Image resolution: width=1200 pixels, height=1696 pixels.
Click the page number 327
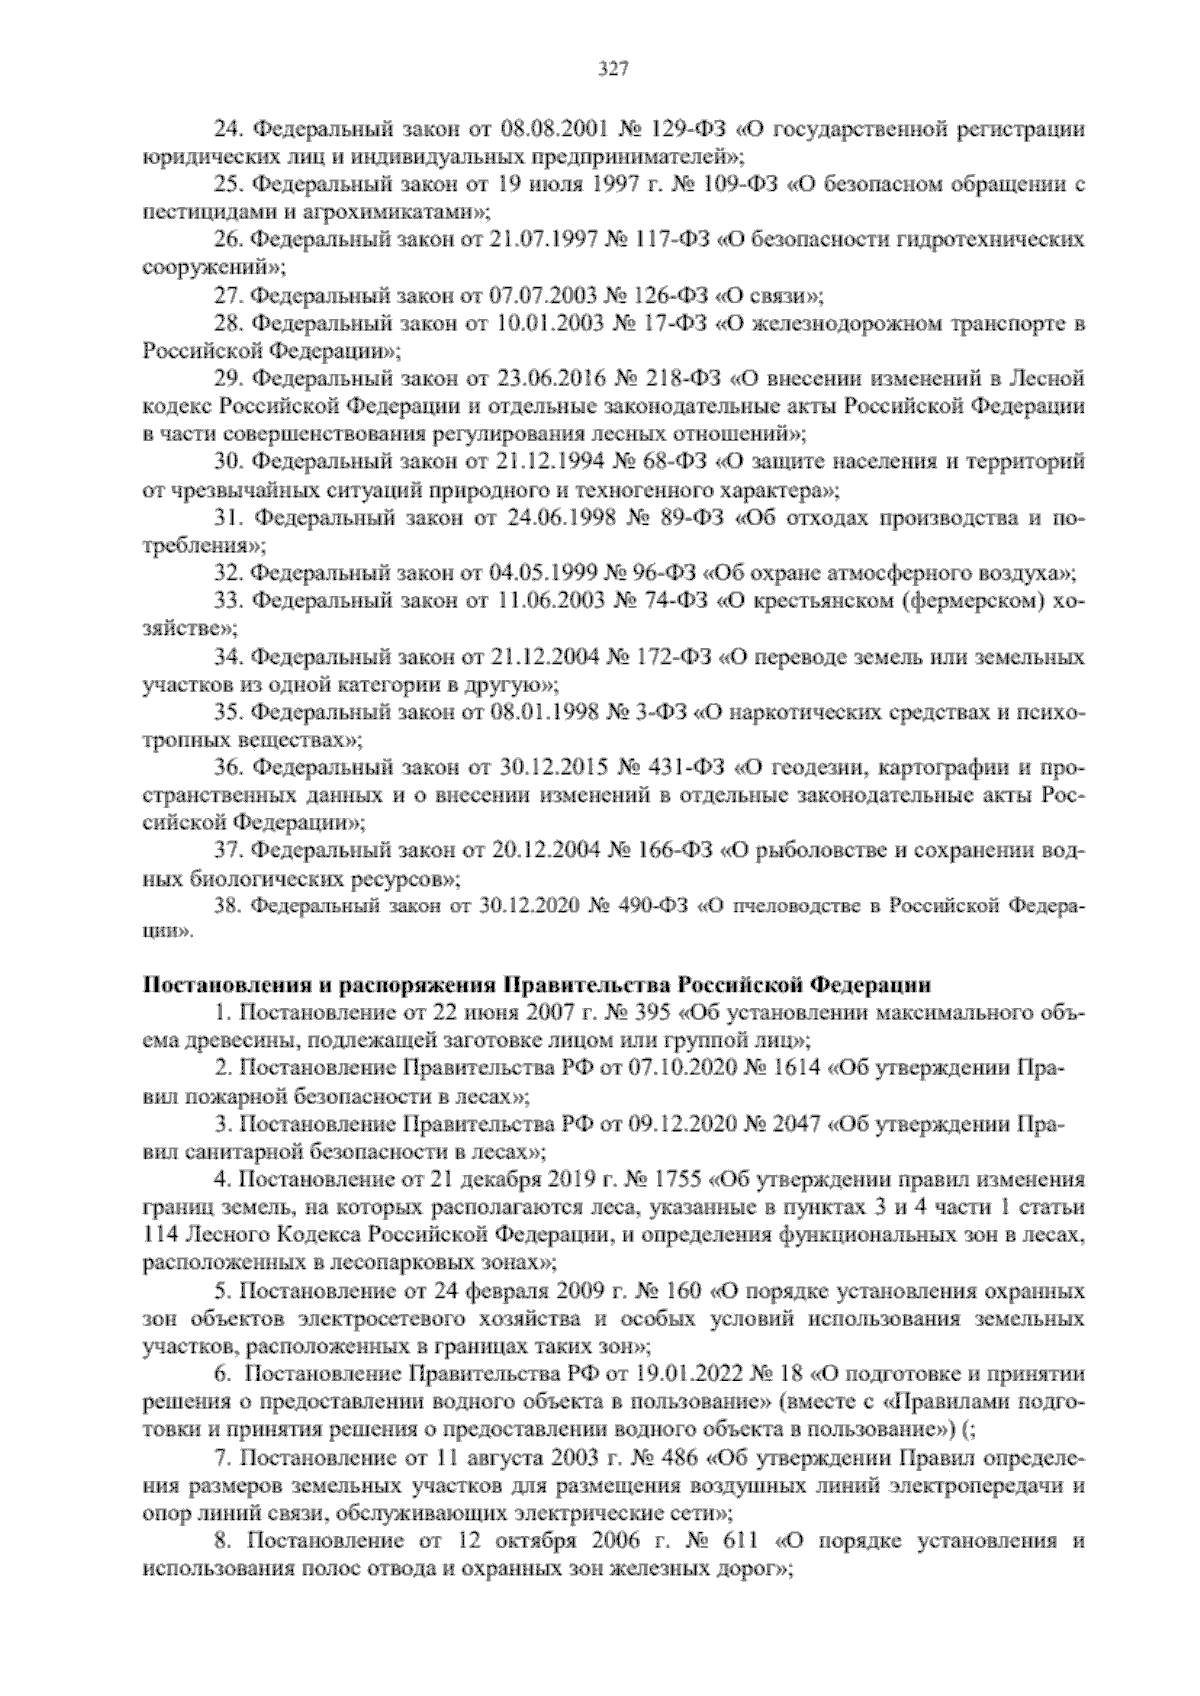tap(612, 69)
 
